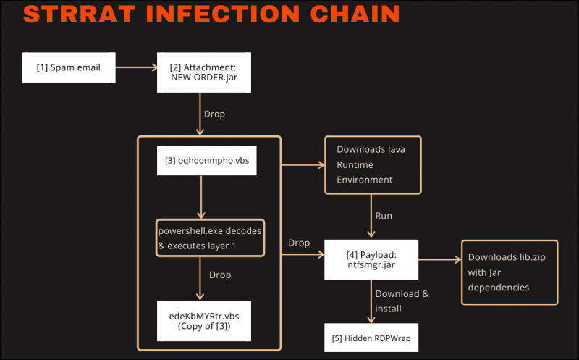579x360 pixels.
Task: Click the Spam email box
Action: click(69, 68)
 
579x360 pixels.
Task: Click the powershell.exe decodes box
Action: click(210, 237)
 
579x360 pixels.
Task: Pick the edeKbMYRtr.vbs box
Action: click(203, 321)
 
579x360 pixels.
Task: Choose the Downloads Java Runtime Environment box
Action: click(372, 164)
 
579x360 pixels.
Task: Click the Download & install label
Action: click(402, 301)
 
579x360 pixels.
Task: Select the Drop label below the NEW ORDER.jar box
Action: click(214, 114)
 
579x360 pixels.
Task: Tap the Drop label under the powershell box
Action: click(221, 275)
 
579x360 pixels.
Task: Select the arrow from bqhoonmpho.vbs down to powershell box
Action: click(202, 196)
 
